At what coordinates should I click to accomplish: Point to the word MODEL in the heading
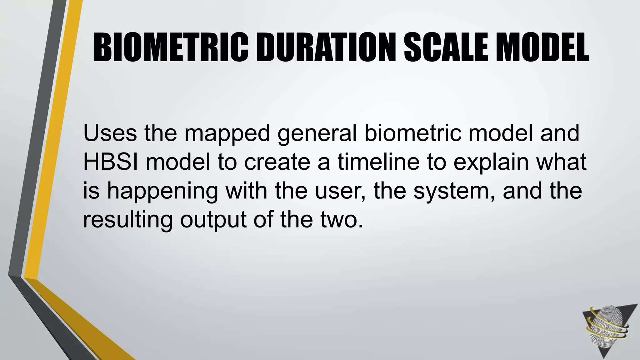coord(542,48)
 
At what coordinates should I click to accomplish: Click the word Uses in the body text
coord(110,133)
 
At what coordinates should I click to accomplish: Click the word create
coord(277,162)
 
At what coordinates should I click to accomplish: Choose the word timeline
coord(378,162)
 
